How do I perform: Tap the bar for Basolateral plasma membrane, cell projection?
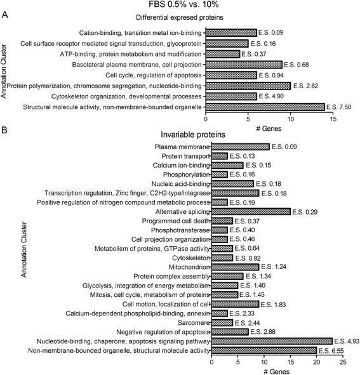click(x=244, y=64)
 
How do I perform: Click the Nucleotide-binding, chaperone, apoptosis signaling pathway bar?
click(x=271, y=340)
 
